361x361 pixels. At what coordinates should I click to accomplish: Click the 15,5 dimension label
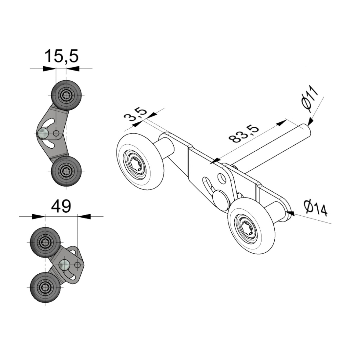pos(61,56)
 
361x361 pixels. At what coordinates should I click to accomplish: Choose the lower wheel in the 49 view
pos(45,287)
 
